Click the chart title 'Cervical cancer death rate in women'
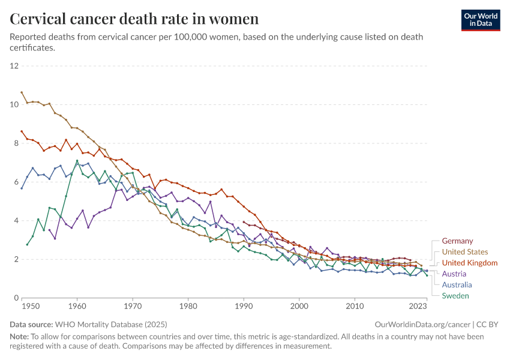pyautogui.click(x=134, y=19)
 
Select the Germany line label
pyautogui.click(x=457, y=241)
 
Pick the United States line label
pyautogui.click(x=464, y=252)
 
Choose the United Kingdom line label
pyautogui.click(x=469, y=263)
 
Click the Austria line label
pyautogui.click(x=454, y=274)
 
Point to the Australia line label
pyautogui.click(x=457, y=285)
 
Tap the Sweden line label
pyautogui.click(x=455, y=296)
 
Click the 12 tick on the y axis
pyautogui.click(x=14, y=65)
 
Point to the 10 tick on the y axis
pyautogui.click(x=14, y=104)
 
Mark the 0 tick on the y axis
pyautogui.click(x=17, y=298)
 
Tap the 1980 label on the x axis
pyautogui.click(x=188, y=306)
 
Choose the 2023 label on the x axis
pyautogui.click(x=418, y=306)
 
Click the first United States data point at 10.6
pyautogui.click(x=22, y=92)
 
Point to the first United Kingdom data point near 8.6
pyautogui.click(x=22, y=131)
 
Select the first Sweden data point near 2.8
pyautogui.click(x=27, y=244)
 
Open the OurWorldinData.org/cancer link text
pyautogui.click(x=419, y=324)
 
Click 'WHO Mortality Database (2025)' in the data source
pyautogui.click(x=107, y=324)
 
